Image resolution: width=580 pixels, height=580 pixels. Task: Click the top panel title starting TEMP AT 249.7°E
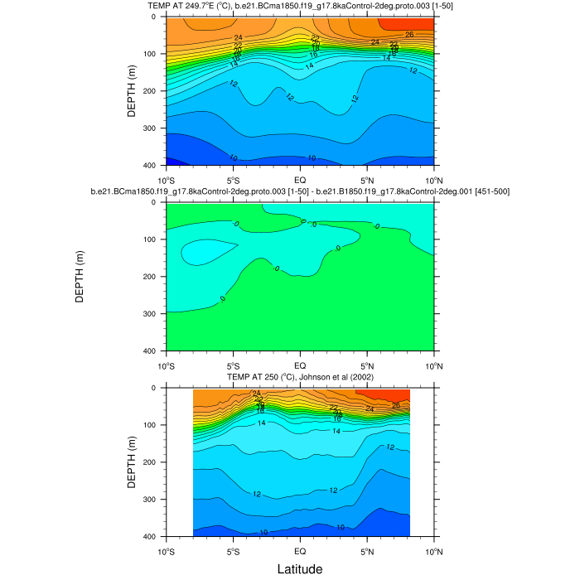(300, 7)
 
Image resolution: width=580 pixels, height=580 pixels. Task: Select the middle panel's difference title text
(300, 192)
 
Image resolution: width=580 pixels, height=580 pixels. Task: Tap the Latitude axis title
(300, 569)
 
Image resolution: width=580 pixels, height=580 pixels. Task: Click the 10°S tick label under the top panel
(166, 180)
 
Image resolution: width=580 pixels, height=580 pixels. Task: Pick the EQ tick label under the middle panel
(300, 365)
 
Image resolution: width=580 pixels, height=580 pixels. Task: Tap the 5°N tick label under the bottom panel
(367, 551)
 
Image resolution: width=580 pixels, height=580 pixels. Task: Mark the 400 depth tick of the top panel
(155, 166)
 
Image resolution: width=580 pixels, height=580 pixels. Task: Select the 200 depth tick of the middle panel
(155, 277)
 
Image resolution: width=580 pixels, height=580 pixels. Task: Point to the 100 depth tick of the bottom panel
(155, 425)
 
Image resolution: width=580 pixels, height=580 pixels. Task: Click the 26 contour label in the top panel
(409, 34)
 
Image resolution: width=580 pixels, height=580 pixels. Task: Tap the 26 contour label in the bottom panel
(396, 405)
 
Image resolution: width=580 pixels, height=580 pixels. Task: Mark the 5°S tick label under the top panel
(233, 180)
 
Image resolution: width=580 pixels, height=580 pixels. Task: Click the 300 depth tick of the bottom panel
(155, 500)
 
